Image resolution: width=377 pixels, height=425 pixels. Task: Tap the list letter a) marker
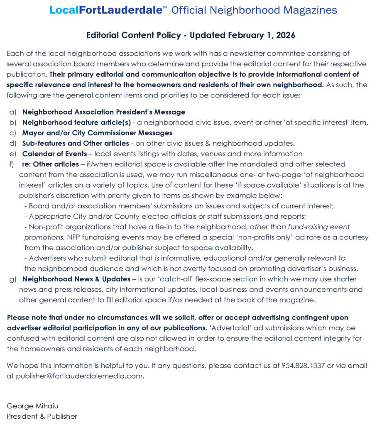pos(12,112)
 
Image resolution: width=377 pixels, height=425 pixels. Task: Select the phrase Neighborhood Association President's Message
pos(104,112)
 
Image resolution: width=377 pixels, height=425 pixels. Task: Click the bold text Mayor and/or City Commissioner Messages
pos(97,133)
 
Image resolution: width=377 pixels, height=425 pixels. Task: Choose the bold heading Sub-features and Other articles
pos(76,143)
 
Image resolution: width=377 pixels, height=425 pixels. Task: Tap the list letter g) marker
pos(12,279)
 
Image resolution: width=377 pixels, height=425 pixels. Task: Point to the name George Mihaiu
pos(30,406)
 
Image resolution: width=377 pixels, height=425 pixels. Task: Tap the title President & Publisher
pos(42,416)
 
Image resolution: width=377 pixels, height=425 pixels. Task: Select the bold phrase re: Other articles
pos(50,164)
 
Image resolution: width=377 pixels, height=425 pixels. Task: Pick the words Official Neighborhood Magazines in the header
pos(254,10)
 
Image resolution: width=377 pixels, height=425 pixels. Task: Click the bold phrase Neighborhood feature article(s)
pos(73,122)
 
